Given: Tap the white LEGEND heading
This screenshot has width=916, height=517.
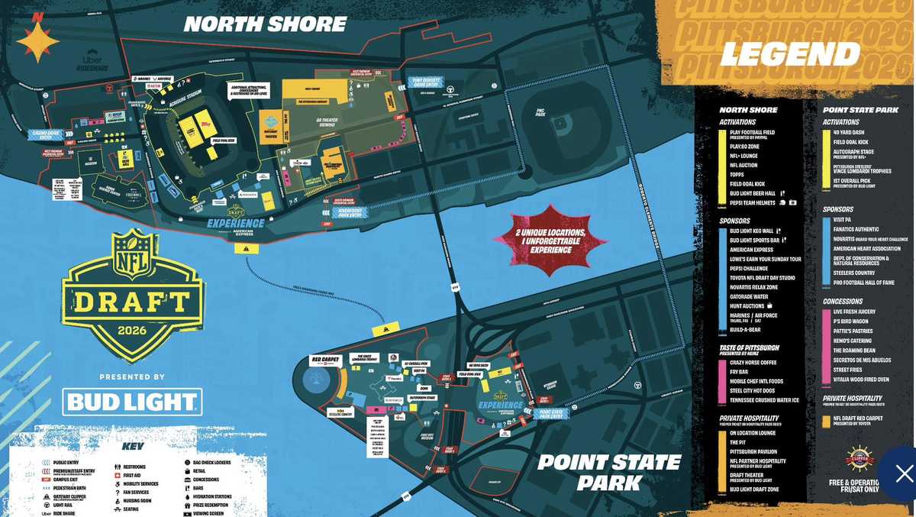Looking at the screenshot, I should point(790,54).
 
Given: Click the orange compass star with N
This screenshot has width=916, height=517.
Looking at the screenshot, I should point(37,39).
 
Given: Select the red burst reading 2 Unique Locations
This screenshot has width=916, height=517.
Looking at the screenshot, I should point(550,240).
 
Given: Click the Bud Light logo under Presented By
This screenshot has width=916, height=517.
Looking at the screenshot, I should point(132,402).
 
